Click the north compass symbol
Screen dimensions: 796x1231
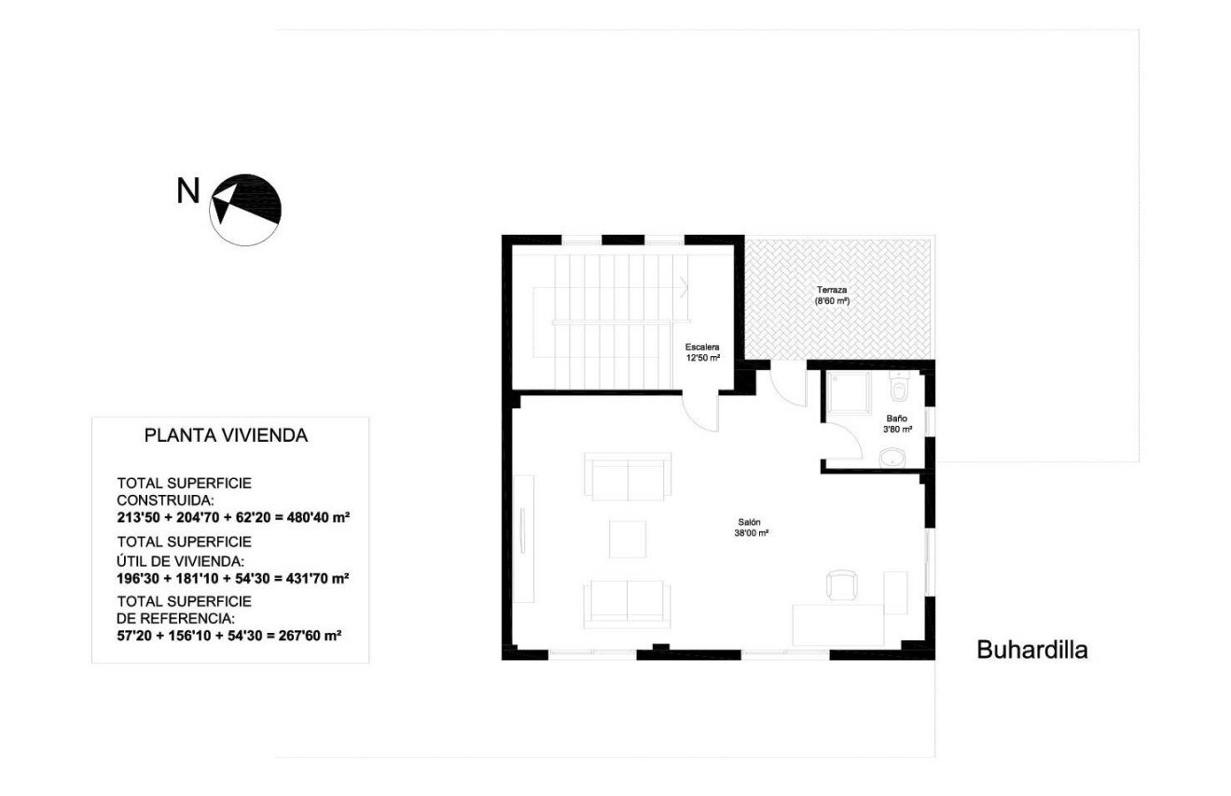point(247,210)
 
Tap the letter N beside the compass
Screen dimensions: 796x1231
point(188,192)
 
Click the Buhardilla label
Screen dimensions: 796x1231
point(1031,651)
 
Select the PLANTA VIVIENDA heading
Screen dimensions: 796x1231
point(226,435)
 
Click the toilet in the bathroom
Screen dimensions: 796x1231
point(899,387)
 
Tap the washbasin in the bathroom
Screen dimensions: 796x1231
point(894,457)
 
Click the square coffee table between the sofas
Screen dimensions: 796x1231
point(628,539)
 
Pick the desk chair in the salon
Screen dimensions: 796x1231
point(840,585)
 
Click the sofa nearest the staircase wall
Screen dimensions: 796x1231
point(628,476)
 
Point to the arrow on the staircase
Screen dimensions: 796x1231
point(685,285)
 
